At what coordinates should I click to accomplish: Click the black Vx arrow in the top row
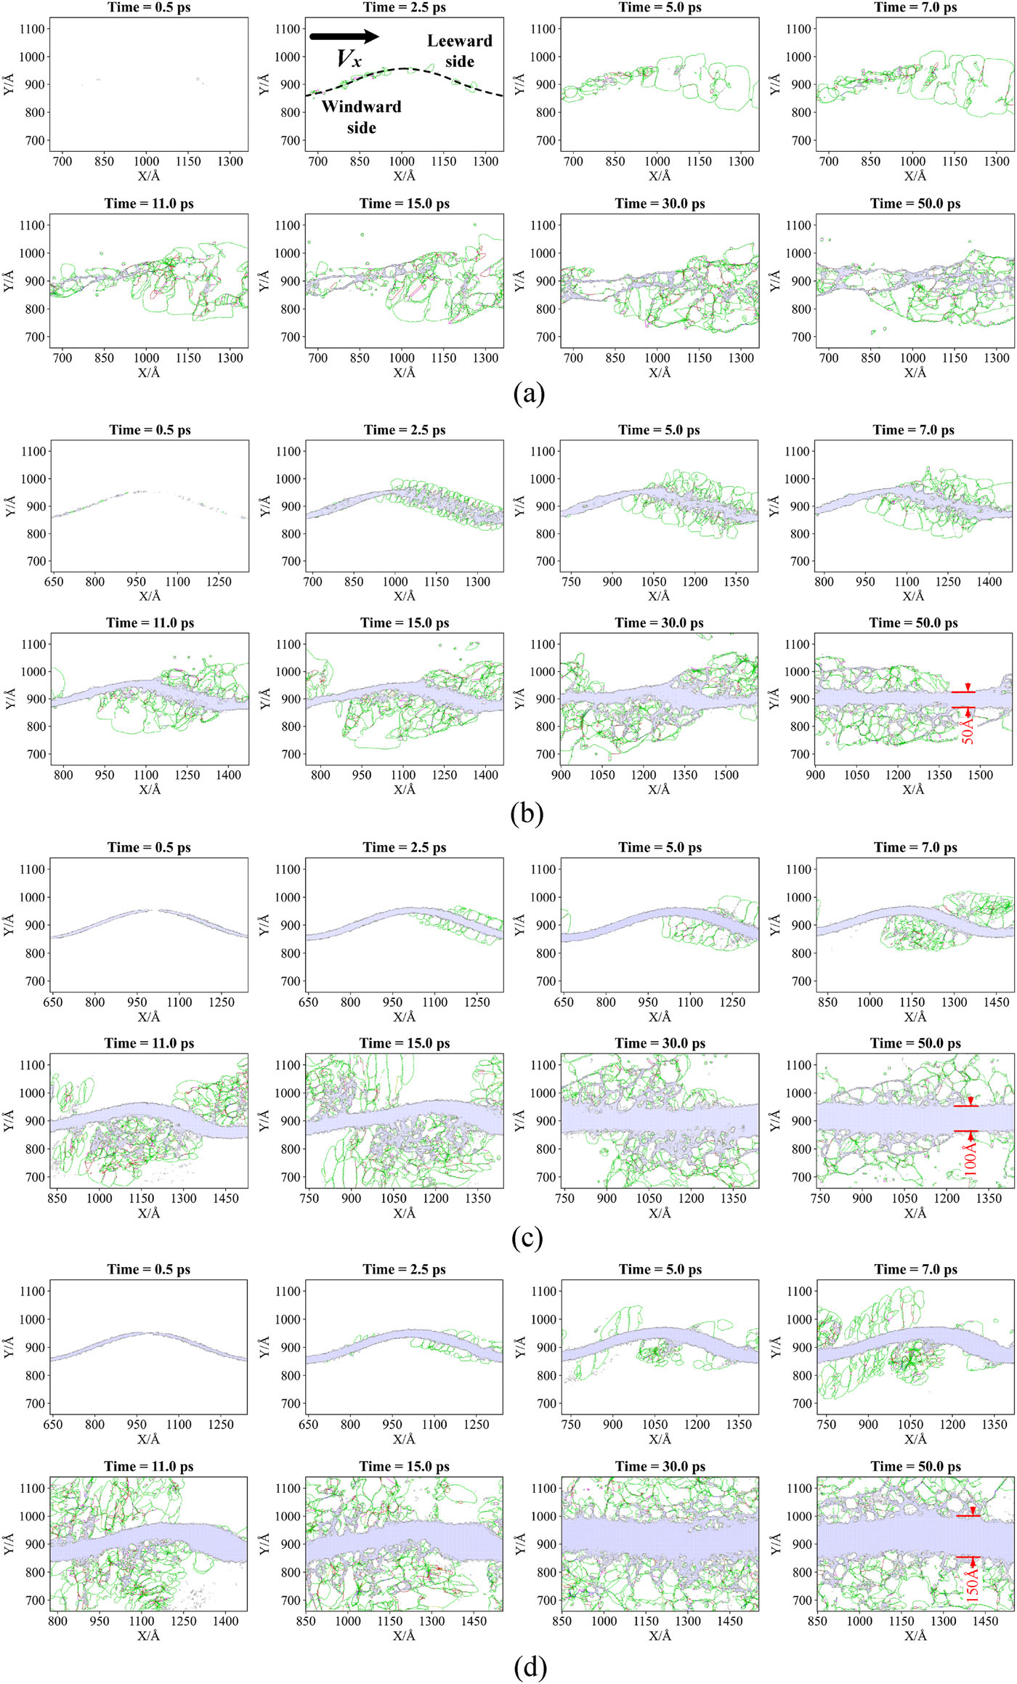click(x=344, y=36)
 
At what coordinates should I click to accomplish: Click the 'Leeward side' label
click(x=460, y=51)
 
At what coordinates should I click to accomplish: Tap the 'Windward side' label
click(x=362, y=117)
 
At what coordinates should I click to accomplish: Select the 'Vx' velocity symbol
click(x=349, y=58)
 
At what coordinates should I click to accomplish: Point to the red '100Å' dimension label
click(x=971, y=1154)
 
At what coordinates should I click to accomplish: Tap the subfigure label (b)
click(x=527, y=814)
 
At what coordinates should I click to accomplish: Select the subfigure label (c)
click(x=527, y=1237)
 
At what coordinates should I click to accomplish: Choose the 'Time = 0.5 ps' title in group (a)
click(x=150, y=7)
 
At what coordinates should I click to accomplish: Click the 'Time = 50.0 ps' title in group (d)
click(x=915, y=1466)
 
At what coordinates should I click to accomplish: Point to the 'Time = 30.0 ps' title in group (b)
click(x=660, y=623)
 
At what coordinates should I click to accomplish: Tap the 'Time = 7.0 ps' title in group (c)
click(x=915, y=847)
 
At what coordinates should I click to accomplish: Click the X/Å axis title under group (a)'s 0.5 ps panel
click(x=148, y=176)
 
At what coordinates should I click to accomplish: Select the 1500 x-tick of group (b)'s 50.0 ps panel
click(x=980, y=775)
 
